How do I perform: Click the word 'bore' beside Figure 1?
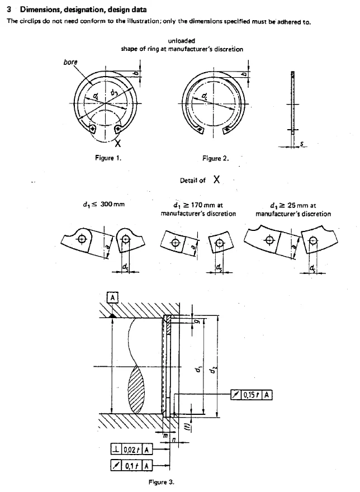coord(70,62)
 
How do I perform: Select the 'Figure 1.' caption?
coord(108,158)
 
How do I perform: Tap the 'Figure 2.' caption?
coord(216,158)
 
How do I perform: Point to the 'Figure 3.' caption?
coord(161,482)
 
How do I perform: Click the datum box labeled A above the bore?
coord(113,297)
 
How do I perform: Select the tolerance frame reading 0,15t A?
coord(252,395)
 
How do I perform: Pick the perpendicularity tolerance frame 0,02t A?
coord(131,449)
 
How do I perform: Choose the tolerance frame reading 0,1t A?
coord(131,465)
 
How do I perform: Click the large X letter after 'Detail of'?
coord(216,179)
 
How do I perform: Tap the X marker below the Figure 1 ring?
coord(118,144)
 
